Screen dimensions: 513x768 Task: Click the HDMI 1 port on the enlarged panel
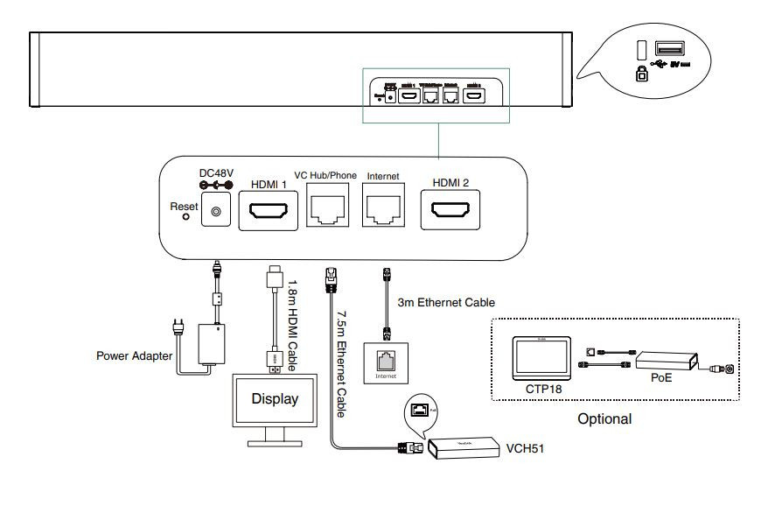pyautogui.click(x=270, y=212)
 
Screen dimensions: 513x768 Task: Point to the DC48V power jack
pyautogui.click(x=216, y=211)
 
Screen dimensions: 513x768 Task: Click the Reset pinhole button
pyautogui.click(x=185, y=217)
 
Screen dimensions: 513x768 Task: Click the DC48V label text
pyautogui.click(x=215, y=172)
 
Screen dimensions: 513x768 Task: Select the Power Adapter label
pyautogui.click(x=134, y=356)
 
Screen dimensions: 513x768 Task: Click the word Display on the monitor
pyautogui.click(x=275, y=399)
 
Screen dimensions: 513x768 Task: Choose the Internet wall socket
pyautogui.click(x=386, y=360)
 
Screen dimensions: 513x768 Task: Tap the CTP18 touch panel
pyautogui.click(x=541, y=357)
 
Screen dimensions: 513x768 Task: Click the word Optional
pyautogui.click(x=604, y=418)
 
